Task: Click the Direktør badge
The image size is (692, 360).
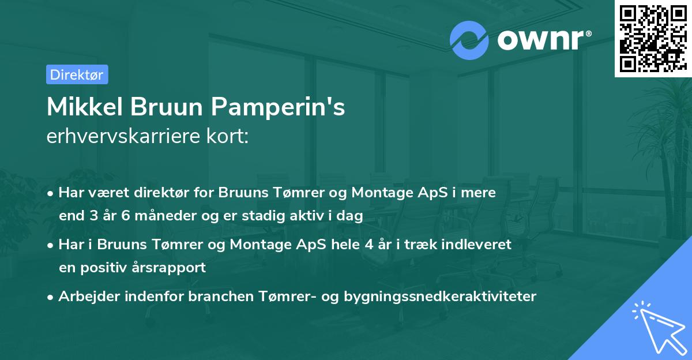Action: click(77, 74)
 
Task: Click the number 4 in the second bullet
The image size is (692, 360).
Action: click(368, 244)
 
